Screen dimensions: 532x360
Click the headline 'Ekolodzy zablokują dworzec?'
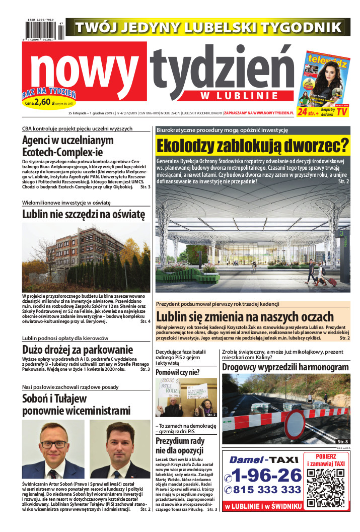252,146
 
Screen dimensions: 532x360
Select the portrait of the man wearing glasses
53,449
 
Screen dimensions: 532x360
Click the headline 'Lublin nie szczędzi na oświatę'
84,214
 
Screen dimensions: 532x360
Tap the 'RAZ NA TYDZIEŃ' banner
48,93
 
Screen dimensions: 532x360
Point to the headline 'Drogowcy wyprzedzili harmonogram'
285,367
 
